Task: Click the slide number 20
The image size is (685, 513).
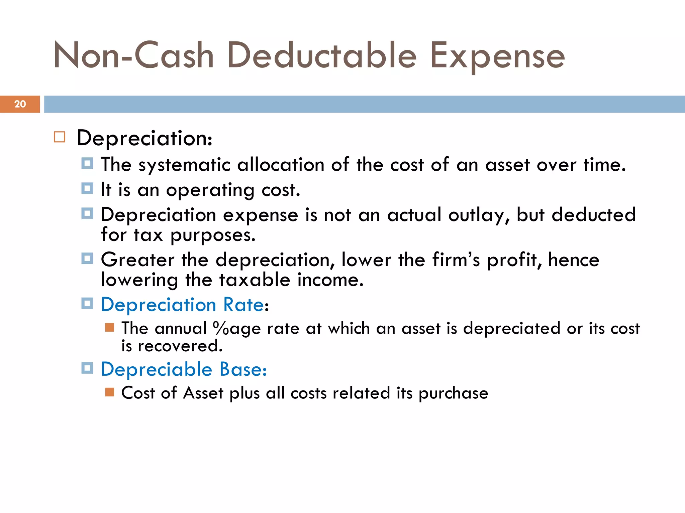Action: coord(20,104)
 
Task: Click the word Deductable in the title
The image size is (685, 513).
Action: coord(322,55)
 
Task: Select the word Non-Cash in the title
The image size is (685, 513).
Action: coord(133,55)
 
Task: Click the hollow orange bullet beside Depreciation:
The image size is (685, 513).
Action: coord(60,137)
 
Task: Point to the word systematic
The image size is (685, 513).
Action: coord(184,165)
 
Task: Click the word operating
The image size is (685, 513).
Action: coord(210,190)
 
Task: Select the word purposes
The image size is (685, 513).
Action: coord(213,235)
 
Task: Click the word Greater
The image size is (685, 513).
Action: coord(137,260)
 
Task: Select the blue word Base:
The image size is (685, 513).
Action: coord(243,369)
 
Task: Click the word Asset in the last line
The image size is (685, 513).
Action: coord(203,393)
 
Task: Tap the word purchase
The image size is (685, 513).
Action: coord(453,393)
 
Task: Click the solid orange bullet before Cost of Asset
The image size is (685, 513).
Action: coord(109,392)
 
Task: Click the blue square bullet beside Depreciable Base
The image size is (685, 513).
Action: coord(87,368)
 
